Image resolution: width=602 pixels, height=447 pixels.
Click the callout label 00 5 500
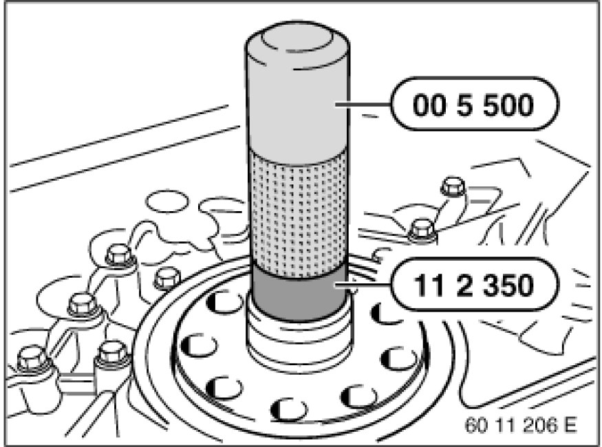coord(475,104)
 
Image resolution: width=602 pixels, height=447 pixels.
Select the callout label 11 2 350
coord(475,285)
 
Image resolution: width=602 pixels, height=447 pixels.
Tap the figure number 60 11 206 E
coord(521,425)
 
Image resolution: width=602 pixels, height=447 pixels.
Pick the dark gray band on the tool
coord(299,294)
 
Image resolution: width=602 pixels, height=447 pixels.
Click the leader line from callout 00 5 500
coord(363,104)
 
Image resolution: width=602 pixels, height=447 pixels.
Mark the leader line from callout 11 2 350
coord(363,285)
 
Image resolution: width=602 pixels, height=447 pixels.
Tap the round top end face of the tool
coord(297,39)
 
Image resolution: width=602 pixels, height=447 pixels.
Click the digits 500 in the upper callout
coord(508,105)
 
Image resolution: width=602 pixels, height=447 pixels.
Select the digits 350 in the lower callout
coord(508,285)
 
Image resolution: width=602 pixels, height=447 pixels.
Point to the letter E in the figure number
coord(570,425)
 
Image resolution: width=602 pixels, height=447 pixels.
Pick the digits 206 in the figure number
coord(541,425)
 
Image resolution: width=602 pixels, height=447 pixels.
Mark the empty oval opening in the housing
coord(167,201)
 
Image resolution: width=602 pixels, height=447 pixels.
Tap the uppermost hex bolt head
coord(453,186)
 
